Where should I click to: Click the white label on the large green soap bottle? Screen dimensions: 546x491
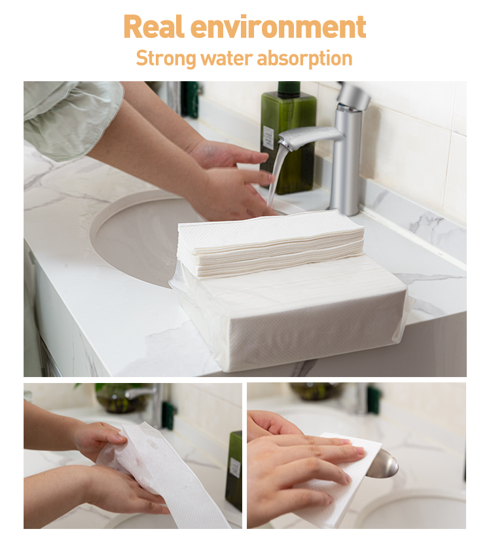pos(268,137)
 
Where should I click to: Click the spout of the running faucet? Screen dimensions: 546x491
pos(308,136)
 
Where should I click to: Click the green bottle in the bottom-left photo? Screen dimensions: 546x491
pos(234,468)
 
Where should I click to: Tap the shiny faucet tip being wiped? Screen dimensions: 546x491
pos(383,464)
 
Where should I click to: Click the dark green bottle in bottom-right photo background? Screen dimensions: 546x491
pos(374,399)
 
